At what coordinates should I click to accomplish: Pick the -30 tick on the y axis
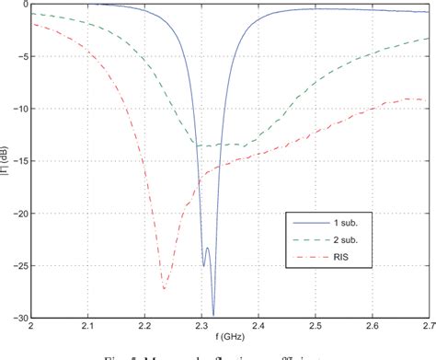click(20, 318)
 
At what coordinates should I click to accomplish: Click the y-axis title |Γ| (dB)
click(6, 160)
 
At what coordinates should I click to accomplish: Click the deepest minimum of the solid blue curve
click(213, 315)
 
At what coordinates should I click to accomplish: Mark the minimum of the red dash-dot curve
click(164, 288)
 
